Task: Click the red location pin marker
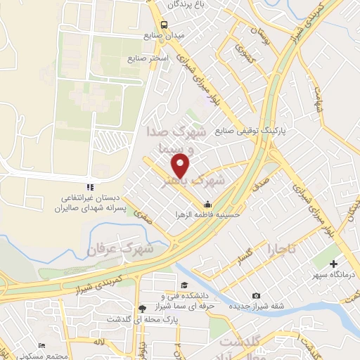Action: click(181, 165)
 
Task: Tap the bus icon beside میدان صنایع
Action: click(164, 26)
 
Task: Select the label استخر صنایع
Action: click(148, 58)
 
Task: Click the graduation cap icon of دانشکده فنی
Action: click(184, 285)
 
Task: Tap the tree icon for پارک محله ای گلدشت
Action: click(143, 308)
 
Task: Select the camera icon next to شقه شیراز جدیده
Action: click(256, 296)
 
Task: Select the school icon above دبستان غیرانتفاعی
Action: click(89, 187)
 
